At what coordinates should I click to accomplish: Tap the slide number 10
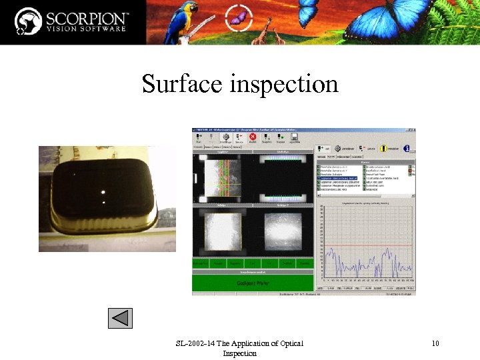click(x=435, y=343)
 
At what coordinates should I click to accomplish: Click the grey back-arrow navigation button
click(x=121, y=317)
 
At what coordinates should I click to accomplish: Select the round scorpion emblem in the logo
click(x=29, y=21)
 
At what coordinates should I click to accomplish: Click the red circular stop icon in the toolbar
click(x=253, y=137)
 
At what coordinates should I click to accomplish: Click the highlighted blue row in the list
click(x=340, y=179)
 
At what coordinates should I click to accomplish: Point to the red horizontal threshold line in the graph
click(x=367, y=245)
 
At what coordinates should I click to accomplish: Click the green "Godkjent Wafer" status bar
click(x=253, y=283)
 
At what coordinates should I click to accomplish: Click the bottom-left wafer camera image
click(x=219, y=231)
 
